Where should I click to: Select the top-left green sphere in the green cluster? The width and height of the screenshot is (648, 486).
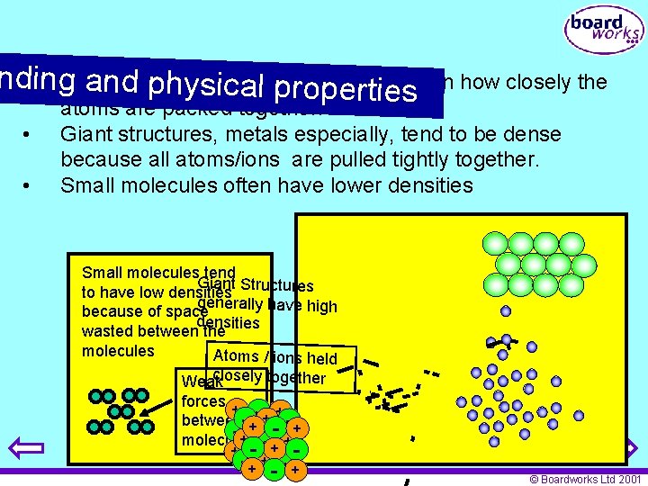tap(495, 243)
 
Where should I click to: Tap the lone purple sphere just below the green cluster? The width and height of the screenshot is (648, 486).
tap(506, 310)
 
